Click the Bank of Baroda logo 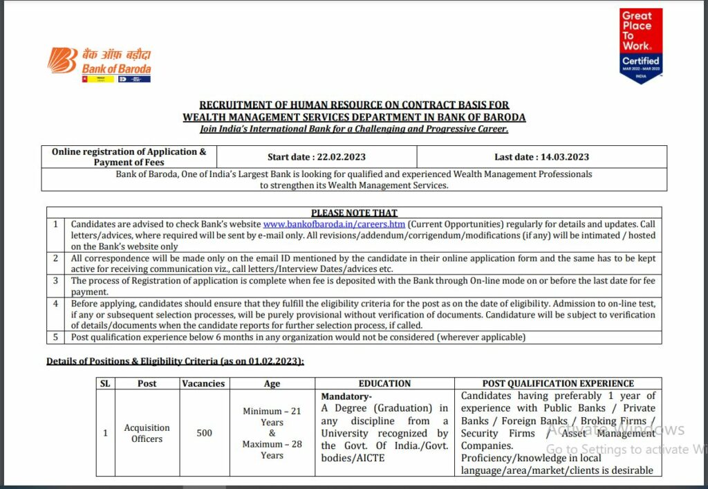[99, 64]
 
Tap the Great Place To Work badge [641, 45]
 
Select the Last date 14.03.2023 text [541, 157]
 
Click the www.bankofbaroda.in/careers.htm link [334, 225]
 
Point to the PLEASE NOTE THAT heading [354, 213]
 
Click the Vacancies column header [203, 383]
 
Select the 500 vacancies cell [204, 433]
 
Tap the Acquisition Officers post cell [147, 433]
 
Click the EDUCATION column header [384, 383]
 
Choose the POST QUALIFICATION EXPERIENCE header [558, 383]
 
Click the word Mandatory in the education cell [346, 396]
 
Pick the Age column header [272, 383]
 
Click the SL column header [105, 383]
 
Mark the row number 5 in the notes [56, 338]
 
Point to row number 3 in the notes [56, 281]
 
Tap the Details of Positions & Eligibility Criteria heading [175, 361]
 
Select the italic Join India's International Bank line [354, 129]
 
